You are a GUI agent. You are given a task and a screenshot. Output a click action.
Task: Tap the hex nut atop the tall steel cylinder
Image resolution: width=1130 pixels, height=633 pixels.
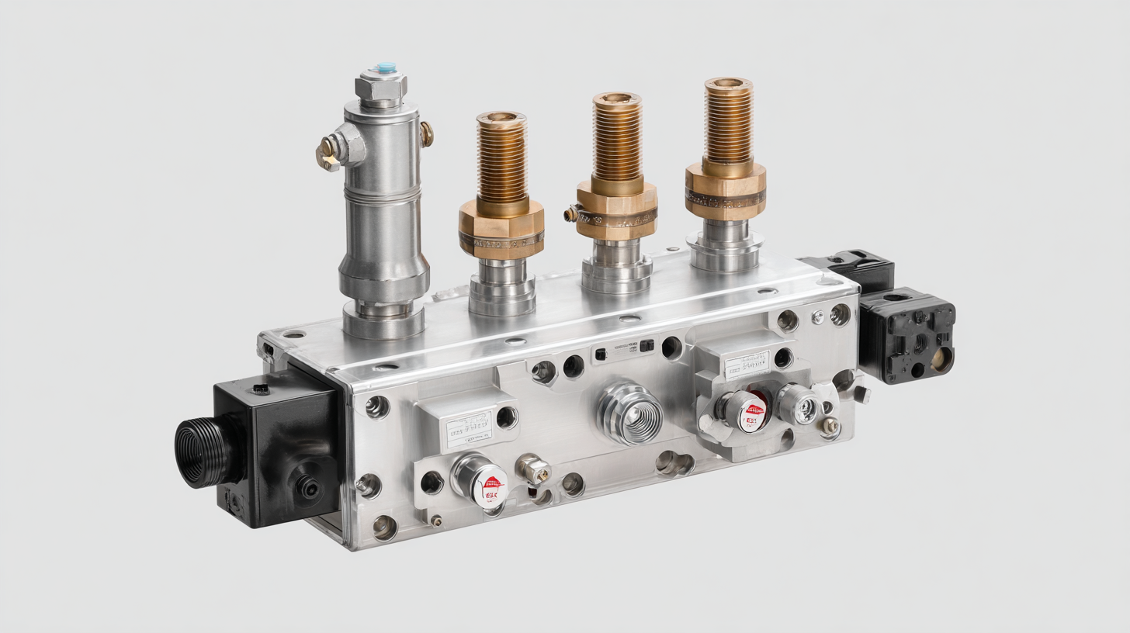pos(381,88)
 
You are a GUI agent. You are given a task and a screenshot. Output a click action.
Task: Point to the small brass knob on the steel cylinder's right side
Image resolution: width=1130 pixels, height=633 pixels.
pos(426,134)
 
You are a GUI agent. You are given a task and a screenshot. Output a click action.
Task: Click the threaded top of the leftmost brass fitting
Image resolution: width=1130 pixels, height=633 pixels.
pos(501,155)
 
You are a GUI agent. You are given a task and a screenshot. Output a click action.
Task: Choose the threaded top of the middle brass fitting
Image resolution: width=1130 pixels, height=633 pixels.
pos(617,136)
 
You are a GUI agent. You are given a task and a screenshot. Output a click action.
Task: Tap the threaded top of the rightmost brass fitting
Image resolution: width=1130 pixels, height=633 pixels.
pos(728,120)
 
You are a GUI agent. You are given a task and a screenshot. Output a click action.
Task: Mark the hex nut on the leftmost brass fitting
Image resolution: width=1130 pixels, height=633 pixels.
pos(501,227)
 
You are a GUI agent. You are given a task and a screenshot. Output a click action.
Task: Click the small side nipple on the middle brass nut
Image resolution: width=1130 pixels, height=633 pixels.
pos(573,213)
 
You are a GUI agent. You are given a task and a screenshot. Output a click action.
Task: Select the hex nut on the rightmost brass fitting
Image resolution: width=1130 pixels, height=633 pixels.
pos(725,192)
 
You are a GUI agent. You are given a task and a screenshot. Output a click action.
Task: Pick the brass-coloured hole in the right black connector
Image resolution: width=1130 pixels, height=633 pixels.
pos(941,359)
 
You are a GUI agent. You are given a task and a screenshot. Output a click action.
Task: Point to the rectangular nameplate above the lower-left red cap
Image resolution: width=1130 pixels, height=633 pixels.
pos(469,428)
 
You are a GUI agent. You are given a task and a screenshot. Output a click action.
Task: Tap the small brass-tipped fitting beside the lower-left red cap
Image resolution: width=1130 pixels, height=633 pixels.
pos(536,468)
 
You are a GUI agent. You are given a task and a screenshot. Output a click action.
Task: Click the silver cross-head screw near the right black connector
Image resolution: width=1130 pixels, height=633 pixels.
pos(818,316)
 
